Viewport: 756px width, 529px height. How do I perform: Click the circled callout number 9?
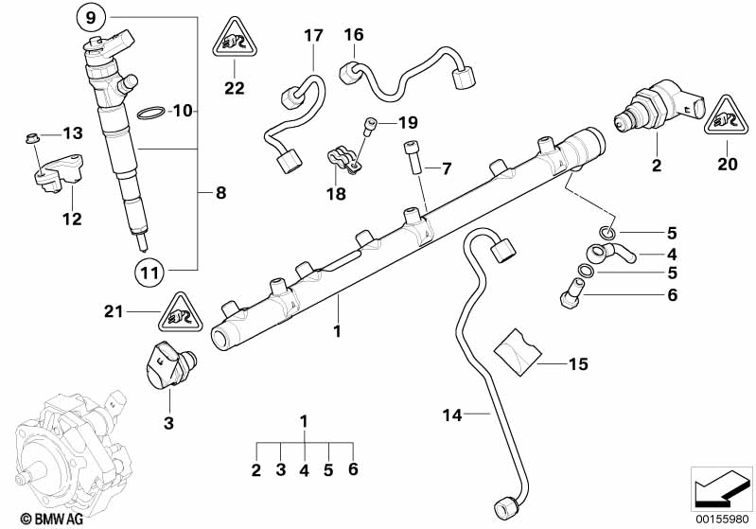90,17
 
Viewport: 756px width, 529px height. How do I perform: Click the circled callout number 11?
147,272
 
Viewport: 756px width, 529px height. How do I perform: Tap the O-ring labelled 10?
149,114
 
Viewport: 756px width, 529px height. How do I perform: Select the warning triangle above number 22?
234,39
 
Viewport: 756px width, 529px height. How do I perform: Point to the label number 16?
354,36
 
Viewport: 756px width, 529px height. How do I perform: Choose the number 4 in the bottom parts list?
304,469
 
